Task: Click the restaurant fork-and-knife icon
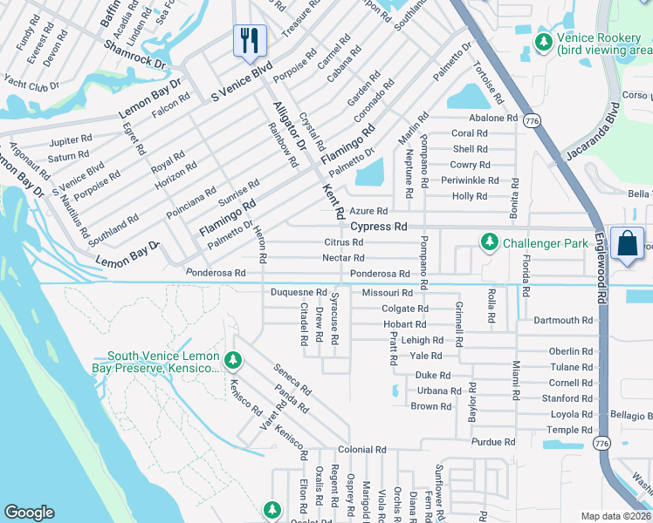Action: tap(250, 39)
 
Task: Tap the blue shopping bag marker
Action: tap(628, 243)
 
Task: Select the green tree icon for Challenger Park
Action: tap(491, 242)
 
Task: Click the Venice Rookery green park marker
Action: tap(544, 40)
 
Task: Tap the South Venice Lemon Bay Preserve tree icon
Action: tap(232, 358)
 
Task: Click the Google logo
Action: tap(29, 513)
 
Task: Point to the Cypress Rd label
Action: tap(379, 226)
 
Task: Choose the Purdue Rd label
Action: tap(486, 442)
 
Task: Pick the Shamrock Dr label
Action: tap(134, 54)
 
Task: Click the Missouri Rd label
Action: tap(387, 293)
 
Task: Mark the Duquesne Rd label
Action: tap(298, 293)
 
